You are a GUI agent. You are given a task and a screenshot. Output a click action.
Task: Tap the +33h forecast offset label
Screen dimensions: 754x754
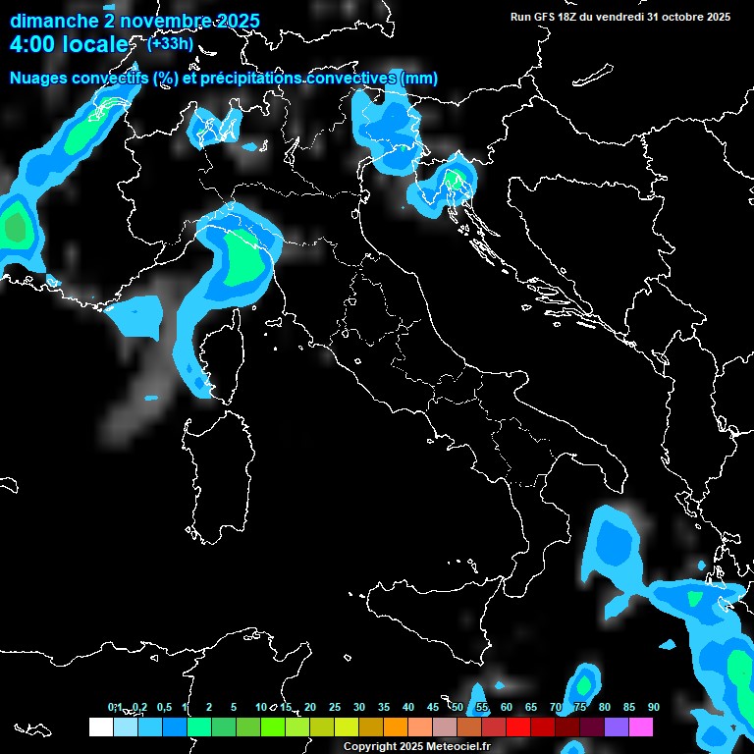pos(170,44)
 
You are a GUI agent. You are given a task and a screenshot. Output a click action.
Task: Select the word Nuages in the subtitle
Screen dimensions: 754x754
pos(38,79)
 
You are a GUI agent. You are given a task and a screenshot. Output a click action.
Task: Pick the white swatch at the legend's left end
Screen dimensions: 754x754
pos(100,727)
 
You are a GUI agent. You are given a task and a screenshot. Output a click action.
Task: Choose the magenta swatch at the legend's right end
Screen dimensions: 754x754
pos(641,727)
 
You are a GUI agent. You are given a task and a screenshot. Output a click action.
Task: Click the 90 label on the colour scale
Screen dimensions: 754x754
pos(653,708)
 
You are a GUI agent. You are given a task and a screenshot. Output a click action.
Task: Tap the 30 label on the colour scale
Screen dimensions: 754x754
pos(358,708)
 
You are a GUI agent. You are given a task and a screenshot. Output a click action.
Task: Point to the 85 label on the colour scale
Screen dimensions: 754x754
pos(628,708)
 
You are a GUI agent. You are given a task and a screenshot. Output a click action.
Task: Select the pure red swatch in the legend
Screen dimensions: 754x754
pos(518,727)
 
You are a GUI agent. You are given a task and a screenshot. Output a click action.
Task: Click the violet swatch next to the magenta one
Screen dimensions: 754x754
pos(617,727)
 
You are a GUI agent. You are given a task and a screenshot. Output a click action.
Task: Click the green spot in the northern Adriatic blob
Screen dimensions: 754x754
pos(453,179)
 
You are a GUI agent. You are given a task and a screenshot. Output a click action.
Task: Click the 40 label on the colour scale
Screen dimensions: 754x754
pos(407,708)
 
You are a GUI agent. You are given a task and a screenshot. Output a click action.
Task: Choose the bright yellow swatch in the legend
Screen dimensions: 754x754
pos(346,727)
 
